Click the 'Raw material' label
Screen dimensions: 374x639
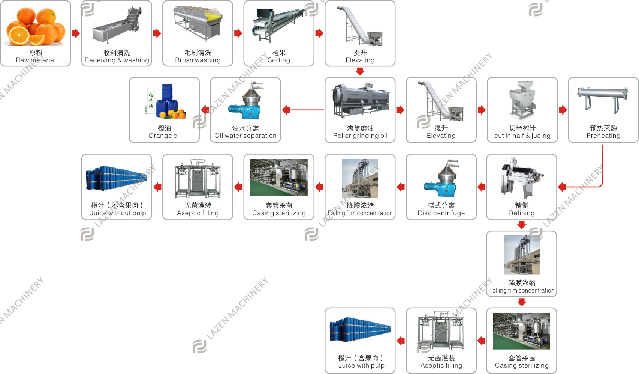[36, 60]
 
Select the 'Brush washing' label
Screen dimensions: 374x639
[198, 60]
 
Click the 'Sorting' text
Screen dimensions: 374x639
[279, 60]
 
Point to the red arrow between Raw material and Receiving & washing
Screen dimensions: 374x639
[76, 33]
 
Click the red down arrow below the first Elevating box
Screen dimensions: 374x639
[360, 71]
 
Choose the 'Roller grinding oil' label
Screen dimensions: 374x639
[360, 136]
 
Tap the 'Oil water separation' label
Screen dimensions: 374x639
[245, 136]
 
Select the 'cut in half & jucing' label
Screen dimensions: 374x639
[522, 136]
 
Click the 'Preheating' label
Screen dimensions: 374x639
[603, 136]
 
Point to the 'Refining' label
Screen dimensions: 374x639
[522, 213]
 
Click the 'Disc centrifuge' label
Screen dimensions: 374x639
[441, 213]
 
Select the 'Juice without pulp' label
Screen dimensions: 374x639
[118, 213]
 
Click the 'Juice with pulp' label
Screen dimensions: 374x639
[361, 365]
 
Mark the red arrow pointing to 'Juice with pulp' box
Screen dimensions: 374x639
[401, 341]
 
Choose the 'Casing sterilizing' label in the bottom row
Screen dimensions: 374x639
[522, 365]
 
